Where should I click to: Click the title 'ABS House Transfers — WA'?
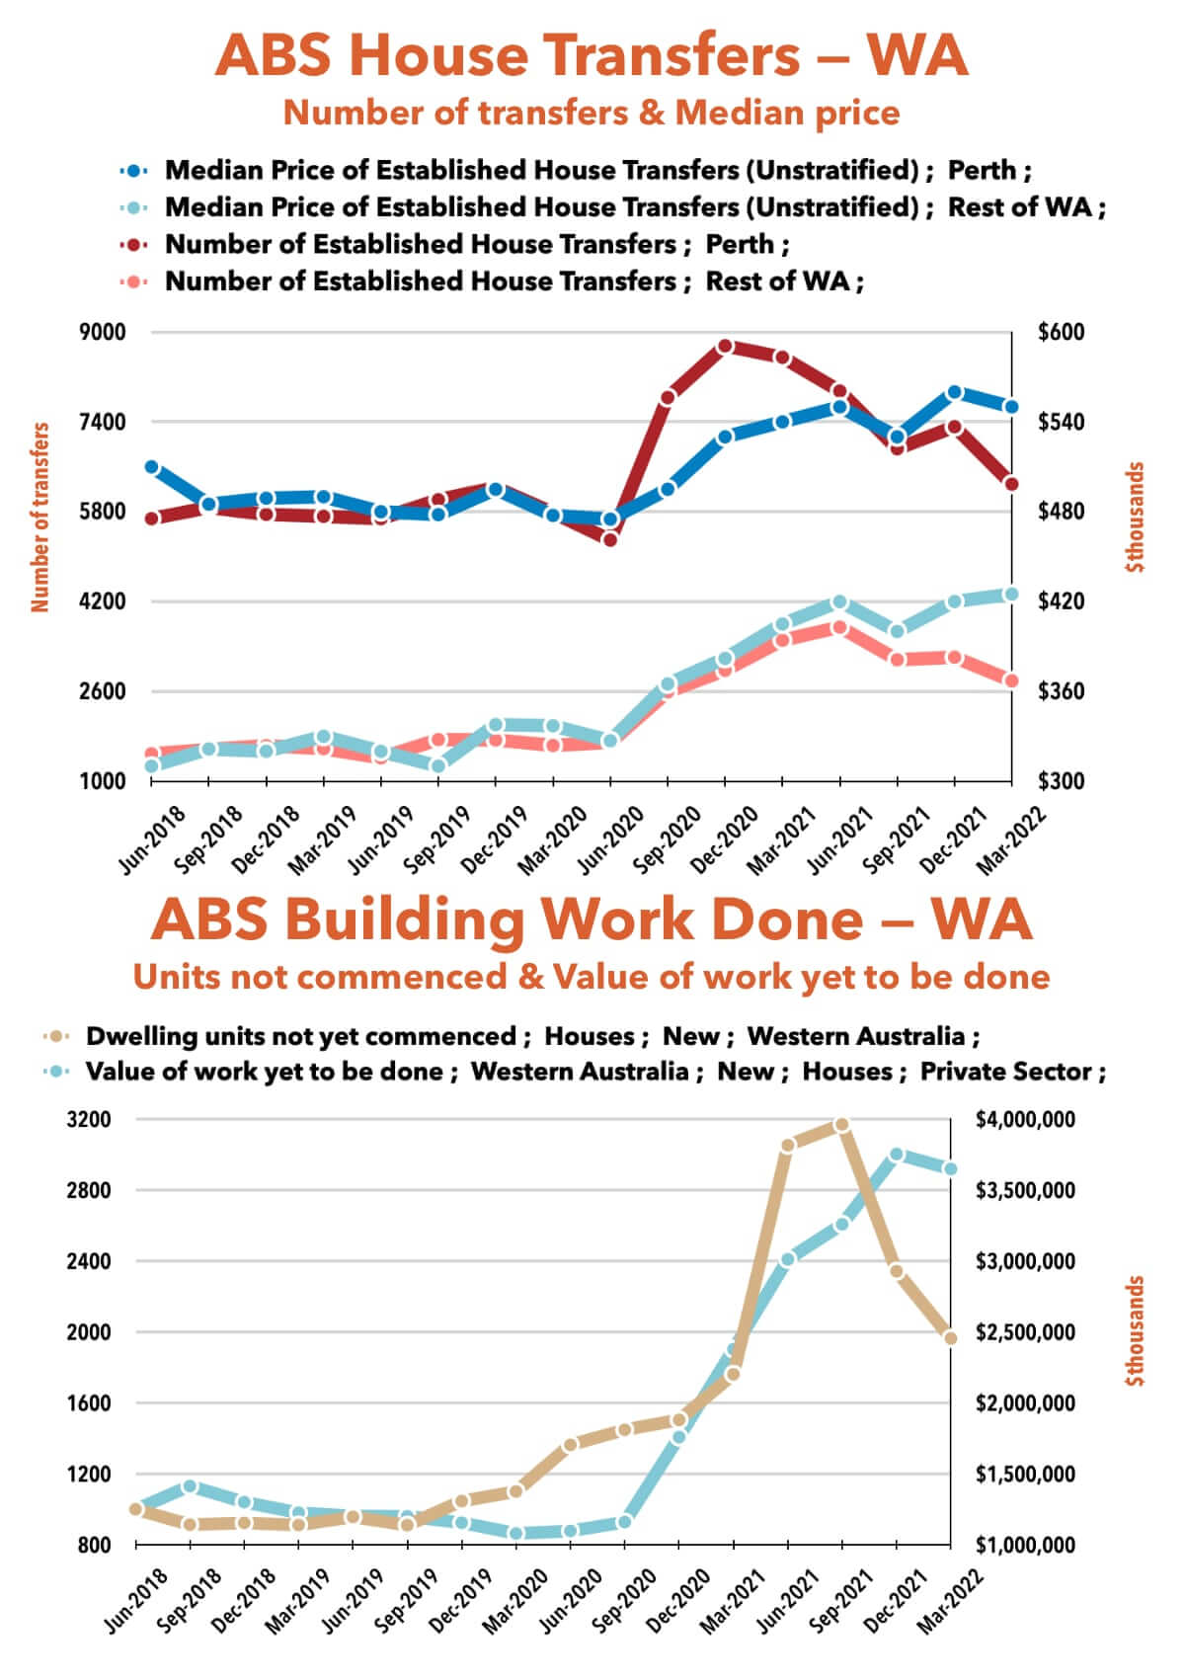pos(592,55)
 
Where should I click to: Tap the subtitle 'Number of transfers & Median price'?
pos(592,113)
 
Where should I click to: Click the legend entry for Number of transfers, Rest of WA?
pos(513,281)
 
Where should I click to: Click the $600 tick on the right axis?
pos(1062,332)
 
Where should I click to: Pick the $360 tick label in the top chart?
pos(1062,691)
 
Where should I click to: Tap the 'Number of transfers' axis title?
pos(40,517)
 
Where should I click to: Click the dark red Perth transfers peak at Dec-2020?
pos(726,347)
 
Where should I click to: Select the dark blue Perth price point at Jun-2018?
pos(151,467)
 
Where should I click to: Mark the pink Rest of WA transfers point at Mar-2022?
pos(1011,680)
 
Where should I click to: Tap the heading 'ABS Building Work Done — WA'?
pos(592,919)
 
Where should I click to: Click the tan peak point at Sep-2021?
pos(841,1125)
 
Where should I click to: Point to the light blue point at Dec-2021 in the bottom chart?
pos(897,1155)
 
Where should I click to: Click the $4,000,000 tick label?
pos(1025,1120)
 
